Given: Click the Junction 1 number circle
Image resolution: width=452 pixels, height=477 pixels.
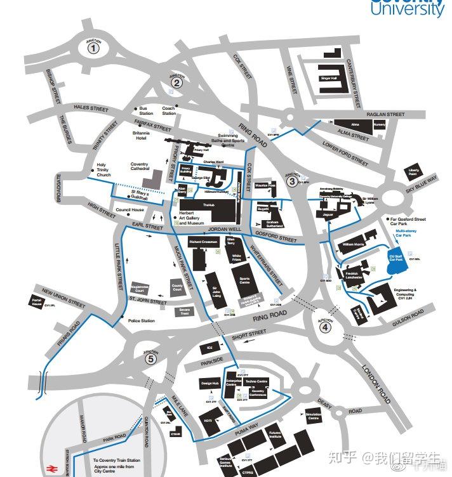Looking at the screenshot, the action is tap(94, 47).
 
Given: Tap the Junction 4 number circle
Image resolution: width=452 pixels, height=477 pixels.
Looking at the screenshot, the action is tap(324, 328).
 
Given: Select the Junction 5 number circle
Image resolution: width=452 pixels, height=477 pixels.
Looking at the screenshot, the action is tap(150, 360).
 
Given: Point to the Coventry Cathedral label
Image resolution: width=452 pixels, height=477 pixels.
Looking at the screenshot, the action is tap(139, 167).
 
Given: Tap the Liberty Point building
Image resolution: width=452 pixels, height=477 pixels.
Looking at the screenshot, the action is tap(414, 173).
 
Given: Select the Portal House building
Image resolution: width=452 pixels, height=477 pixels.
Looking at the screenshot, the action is tap(36, 302).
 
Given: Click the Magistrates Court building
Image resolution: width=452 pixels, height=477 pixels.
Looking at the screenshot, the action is tap(143, 288).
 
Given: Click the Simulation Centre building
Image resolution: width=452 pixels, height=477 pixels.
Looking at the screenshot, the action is tap(313, 417).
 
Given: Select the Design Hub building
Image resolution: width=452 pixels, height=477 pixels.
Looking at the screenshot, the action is tap(210, 384).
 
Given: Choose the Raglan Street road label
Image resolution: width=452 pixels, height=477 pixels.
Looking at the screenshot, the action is tap(382, 115).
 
